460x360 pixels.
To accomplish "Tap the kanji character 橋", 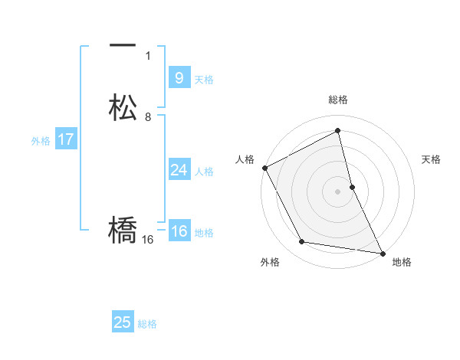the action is tap(123, 231).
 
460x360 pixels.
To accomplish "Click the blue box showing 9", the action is tap(179, 77).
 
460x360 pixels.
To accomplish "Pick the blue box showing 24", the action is tap(179, 169).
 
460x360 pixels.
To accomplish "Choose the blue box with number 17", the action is tap(66, 139).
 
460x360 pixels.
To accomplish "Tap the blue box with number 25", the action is tap(123, 322).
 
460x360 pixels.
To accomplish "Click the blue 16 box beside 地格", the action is tap(179, 231).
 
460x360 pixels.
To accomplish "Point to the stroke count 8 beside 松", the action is tap(148, 117).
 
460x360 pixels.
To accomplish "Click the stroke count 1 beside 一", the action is tap(148, 56).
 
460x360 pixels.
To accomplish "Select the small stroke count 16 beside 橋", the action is tap(148, 240).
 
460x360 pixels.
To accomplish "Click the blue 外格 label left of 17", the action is tap(41, 141).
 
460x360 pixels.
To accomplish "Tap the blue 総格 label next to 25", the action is tap(148, 324).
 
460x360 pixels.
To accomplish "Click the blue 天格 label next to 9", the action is tap(204, 80).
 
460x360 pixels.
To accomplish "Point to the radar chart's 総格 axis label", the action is tap(337, 100).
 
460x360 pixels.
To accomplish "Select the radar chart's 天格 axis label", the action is tap(432, 159).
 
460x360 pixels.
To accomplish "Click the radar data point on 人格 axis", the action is tap(264, 168).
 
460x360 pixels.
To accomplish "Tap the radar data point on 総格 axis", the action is tap(337, 131).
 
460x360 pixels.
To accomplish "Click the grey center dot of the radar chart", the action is tap(337, 191).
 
